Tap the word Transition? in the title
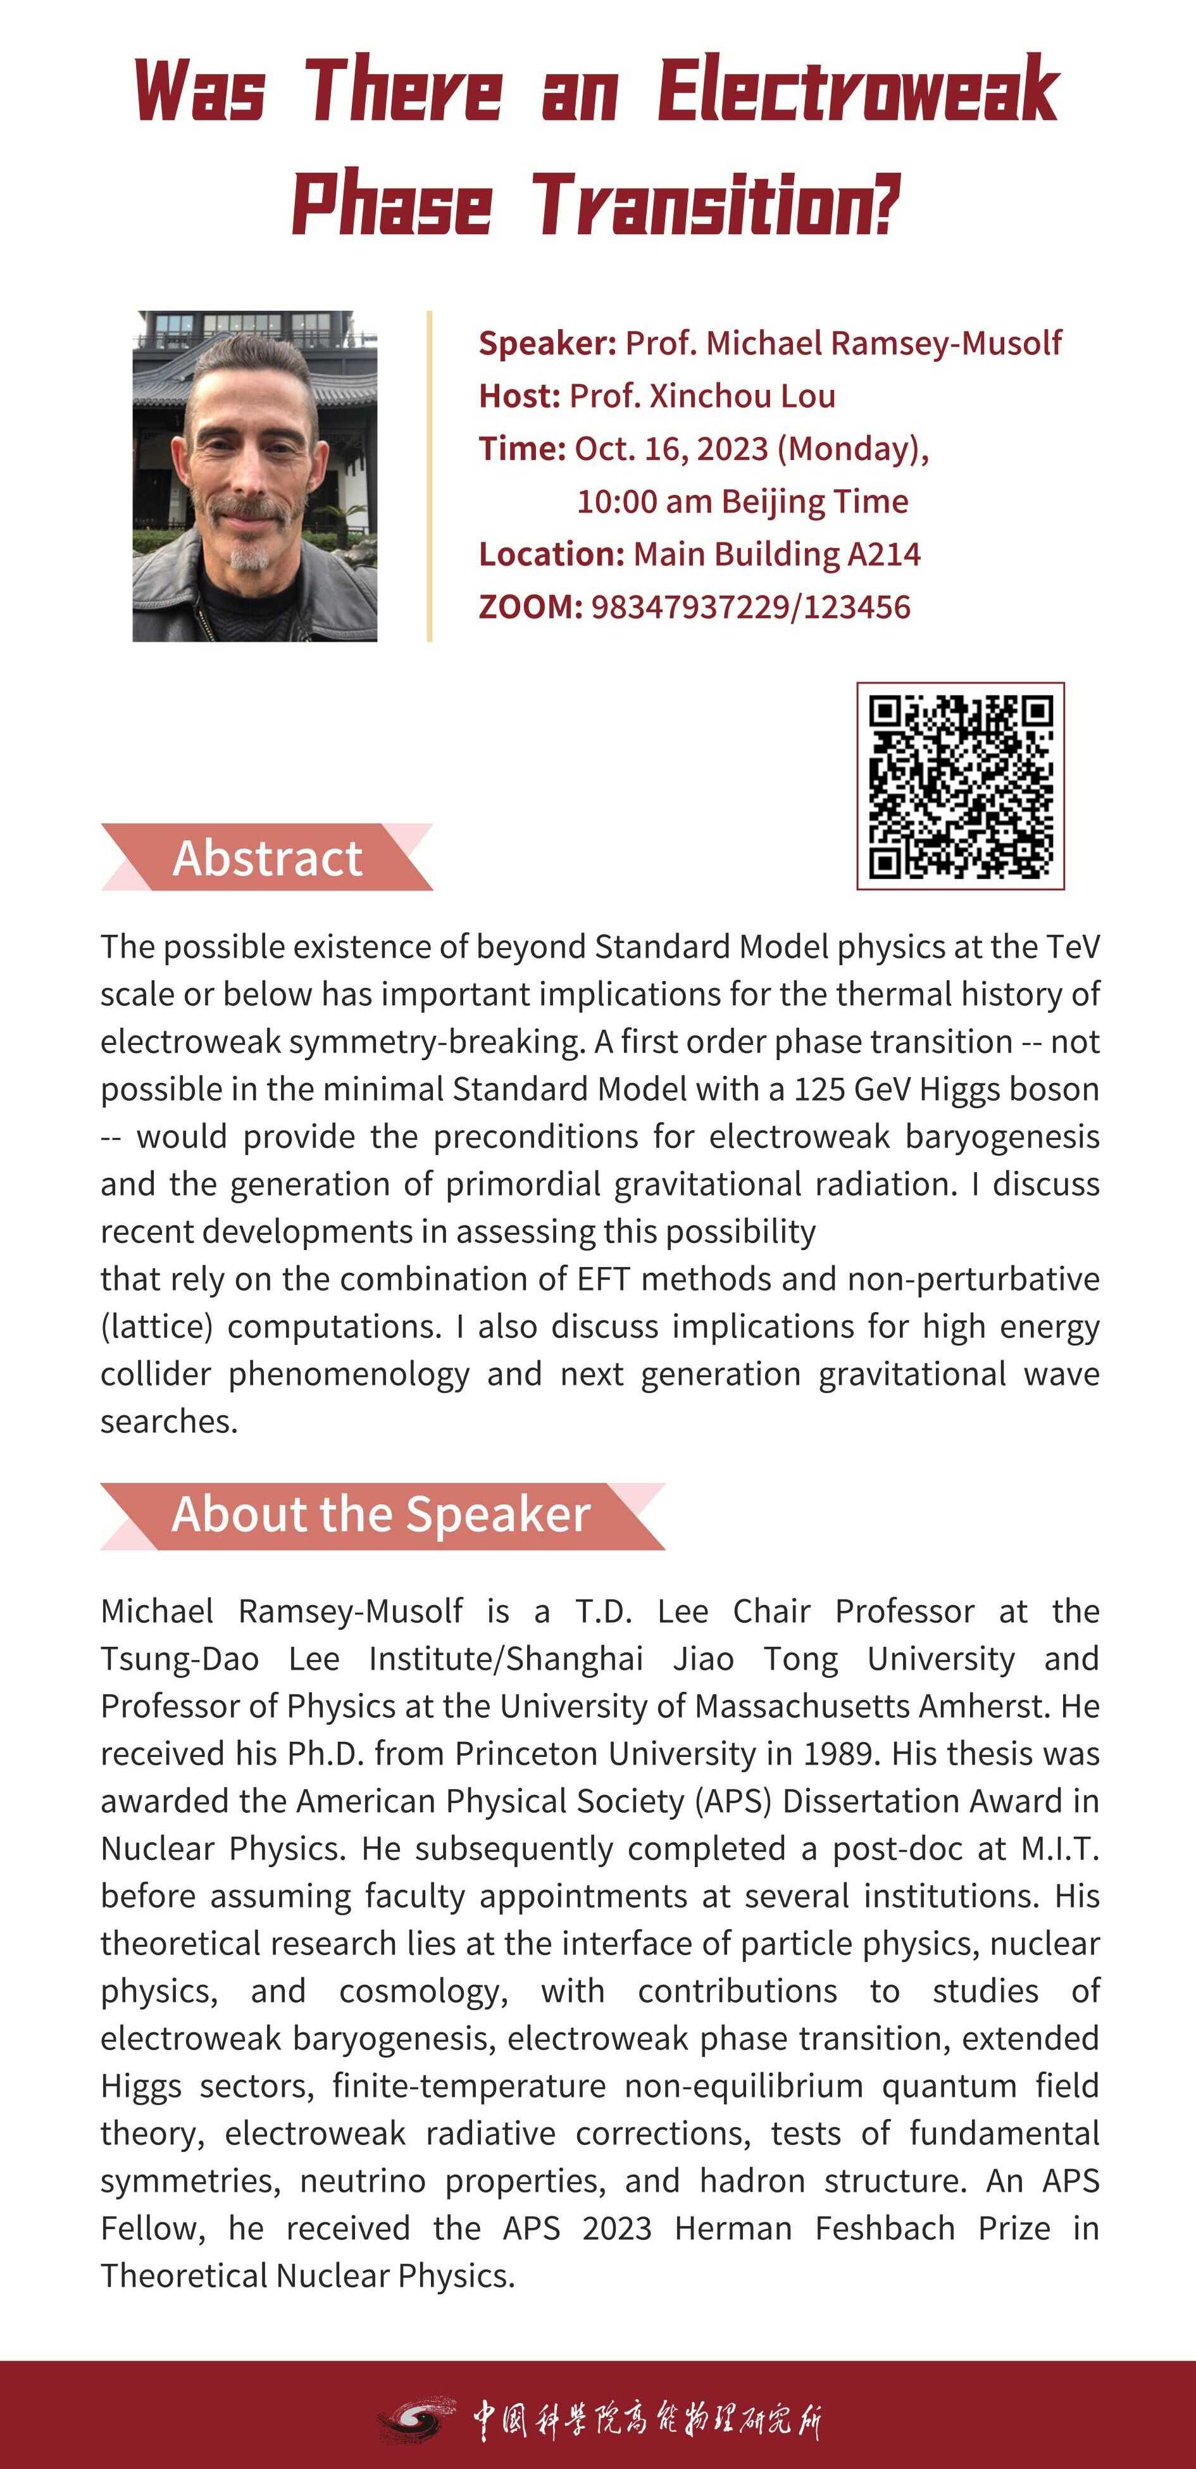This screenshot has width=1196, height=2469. (717, 205)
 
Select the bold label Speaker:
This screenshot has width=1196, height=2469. (547, 343)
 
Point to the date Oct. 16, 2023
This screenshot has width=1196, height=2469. (671, 449)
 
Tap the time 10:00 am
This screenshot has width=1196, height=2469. (644, 501)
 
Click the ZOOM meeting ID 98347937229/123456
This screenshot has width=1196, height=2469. (751, 607)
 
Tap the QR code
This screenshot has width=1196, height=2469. (960, 786)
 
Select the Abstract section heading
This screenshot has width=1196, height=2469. (268, 857)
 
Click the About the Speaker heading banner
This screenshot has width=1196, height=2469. (382, 1515)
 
